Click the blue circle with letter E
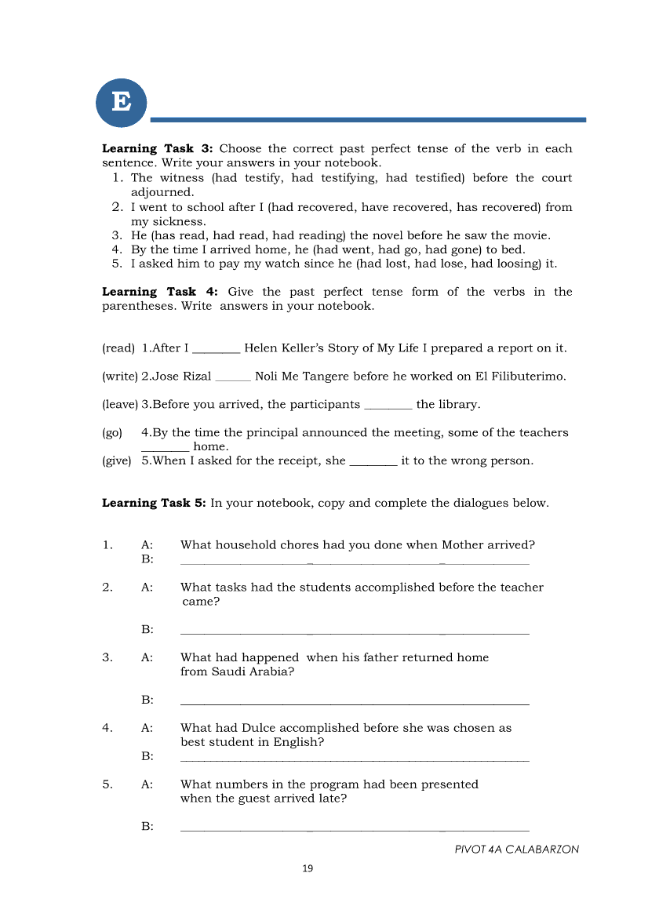tap(121, 102)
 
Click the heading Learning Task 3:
tap(158, 149)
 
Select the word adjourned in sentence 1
tap(162, 192)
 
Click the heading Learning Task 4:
tap(158, 292)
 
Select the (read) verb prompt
tap(118, 348)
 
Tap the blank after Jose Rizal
tap(233, 377)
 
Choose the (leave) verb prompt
tap(120, 405)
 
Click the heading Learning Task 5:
tap(155, 504)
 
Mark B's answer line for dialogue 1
tap(355, 561)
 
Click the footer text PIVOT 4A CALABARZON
tap(516, 850)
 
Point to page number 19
tap(308, 868)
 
